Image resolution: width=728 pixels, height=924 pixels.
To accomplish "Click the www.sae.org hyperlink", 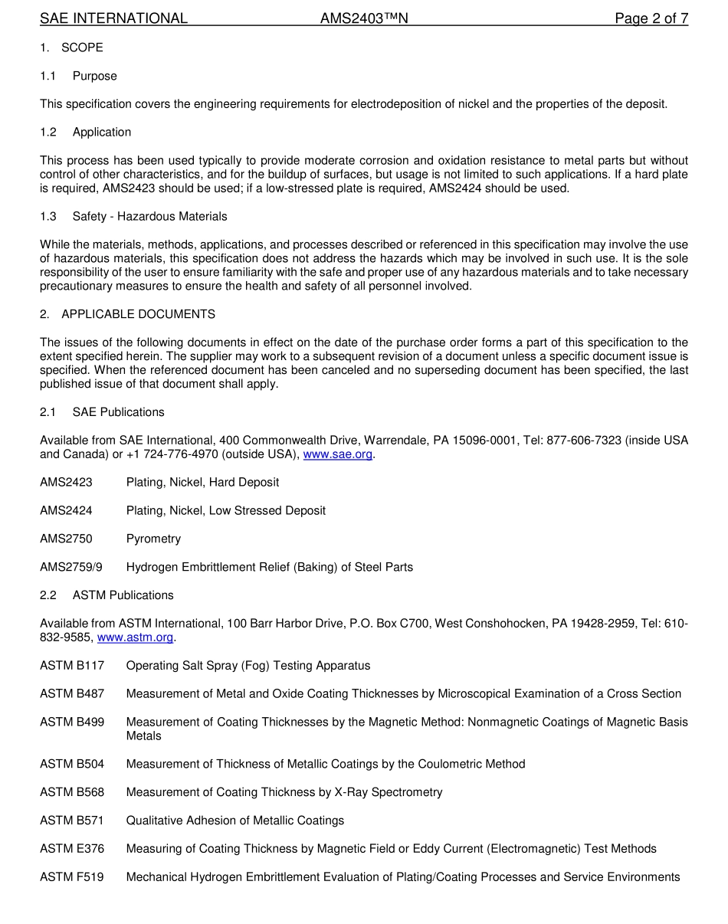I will point(338,454).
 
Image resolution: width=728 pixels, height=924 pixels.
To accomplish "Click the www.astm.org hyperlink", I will point(136,637).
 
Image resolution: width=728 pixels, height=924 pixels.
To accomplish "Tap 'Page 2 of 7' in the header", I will point(651,18).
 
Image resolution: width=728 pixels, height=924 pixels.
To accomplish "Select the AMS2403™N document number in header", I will point(364,18).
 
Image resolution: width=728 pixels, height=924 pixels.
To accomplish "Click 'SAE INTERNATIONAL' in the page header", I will point(113,18).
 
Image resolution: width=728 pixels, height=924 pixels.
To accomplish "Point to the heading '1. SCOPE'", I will point(71,48).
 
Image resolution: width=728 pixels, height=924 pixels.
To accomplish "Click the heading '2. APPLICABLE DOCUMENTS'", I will point(127,314).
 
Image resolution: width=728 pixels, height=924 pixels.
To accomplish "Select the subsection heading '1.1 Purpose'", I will point(79,76).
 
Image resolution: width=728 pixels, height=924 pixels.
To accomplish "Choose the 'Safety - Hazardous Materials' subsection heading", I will point(149,217).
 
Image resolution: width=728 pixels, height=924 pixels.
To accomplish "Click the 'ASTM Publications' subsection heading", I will point(123,595).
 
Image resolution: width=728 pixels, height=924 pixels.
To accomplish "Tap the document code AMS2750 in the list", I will point(66,539).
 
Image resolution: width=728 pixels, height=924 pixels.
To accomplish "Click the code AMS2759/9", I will point(71,567).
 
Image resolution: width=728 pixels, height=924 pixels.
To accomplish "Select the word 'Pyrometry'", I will point(153,539).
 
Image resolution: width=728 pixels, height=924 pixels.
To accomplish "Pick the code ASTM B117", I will point(72,666).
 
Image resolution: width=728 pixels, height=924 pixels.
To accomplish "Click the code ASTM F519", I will point(72,877).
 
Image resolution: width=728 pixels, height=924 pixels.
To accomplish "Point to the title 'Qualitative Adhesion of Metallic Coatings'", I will point(235,821).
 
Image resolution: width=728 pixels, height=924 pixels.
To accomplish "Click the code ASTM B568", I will point(72,792).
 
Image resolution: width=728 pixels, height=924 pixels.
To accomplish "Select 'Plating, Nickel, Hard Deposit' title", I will point(202,483).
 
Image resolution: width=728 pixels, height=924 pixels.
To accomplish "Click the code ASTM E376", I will point(72,849).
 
